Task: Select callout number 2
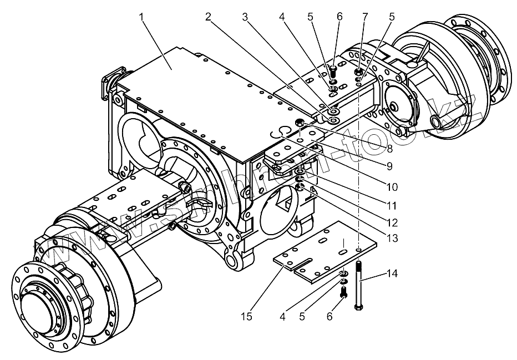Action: tap(209, 17)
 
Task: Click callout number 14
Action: tap(392, 273)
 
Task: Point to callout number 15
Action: tap(247, 316)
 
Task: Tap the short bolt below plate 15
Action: tap(343, 291)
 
